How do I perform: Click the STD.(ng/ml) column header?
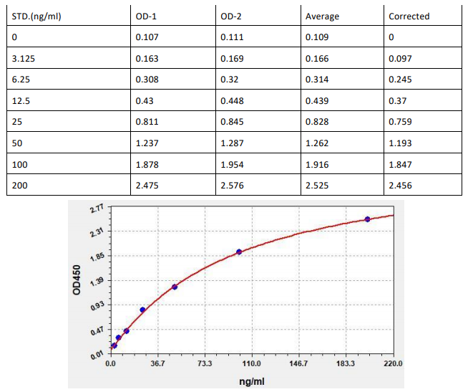pos(36,16)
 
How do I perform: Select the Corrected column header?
pos(409,16)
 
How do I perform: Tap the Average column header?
pos(322,16)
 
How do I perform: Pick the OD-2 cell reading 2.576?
pos(232,186)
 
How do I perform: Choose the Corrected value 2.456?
pos(401,186)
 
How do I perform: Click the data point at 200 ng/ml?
pos(368,219)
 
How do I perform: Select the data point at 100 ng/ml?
pos(239,252)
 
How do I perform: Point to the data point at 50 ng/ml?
pos(175,287)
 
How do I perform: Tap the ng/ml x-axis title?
pos(252,382)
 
